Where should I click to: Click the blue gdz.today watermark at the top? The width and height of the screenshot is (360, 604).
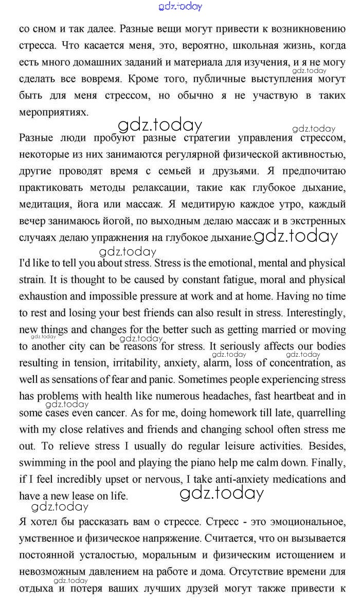click(x=181, y=6)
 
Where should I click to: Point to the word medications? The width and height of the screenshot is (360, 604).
click(x=301, y=480)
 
